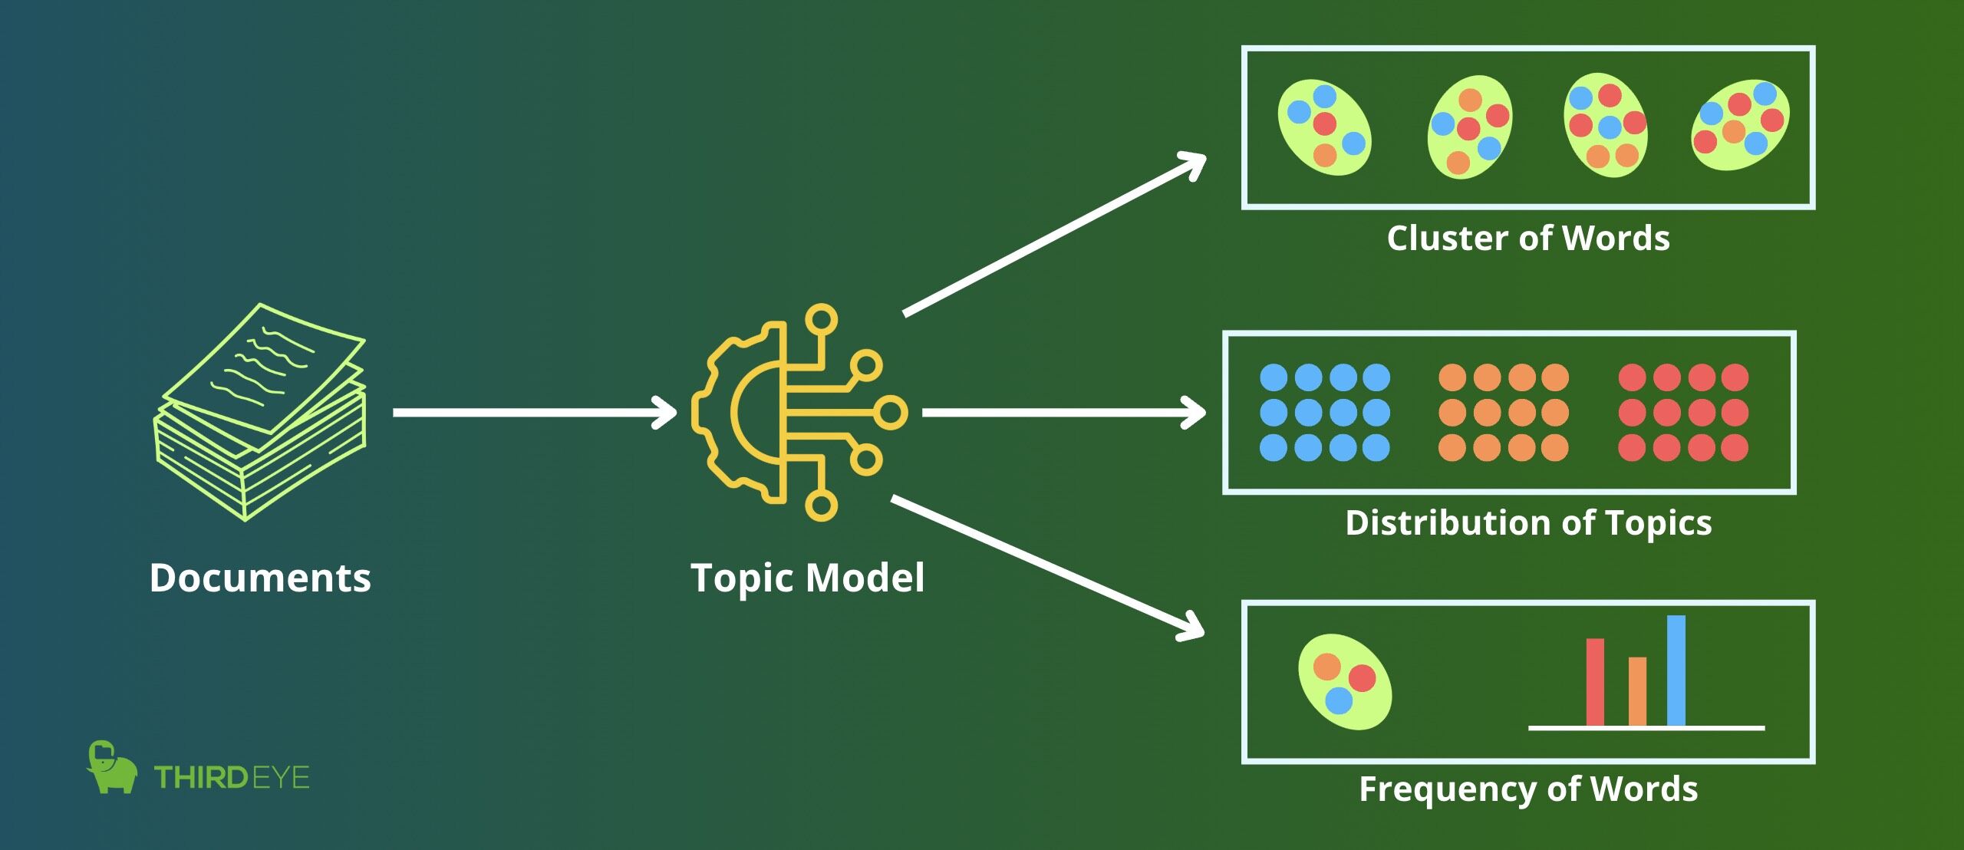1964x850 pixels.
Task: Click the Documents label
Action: tap(260, 578)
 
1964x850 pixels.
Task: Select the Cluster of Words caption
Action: tap(1528, 238)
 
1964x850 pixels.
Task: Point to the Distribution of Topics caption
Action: tap(1528, 524)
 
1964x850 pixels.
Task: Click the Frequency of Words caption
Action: tap(1528, 789)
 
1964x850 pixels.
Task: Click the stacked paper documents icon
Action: tap(261, 412)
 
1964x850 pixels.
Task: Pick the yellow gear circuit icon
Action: tap(799, 413)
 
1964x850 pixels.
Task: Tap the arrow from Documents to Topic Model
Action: tap(535, 413)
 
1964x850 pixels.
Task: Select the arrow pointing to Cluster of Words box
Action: tap(1055, 234)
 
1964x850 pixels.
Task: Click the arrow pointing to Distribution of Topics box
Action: tap(1064, 413)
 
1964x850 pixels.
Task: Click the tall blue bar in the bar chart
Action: tap(1676, 670)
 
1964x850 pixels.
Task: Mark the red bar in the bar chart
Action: tap(1595, 682)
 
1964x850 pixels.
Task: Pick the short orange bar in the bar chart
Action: tap(1637, 691)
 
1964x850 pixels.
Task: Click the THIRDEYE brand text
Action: tap(232, 778)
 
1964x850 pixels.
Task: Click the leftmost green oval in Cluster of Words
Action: tap(1325, 128)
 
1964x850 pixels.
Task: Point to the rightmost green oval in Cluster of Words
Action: tap(1740, 125)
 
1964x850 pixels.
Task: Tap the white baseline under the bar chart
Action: tap(1646, 727)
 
